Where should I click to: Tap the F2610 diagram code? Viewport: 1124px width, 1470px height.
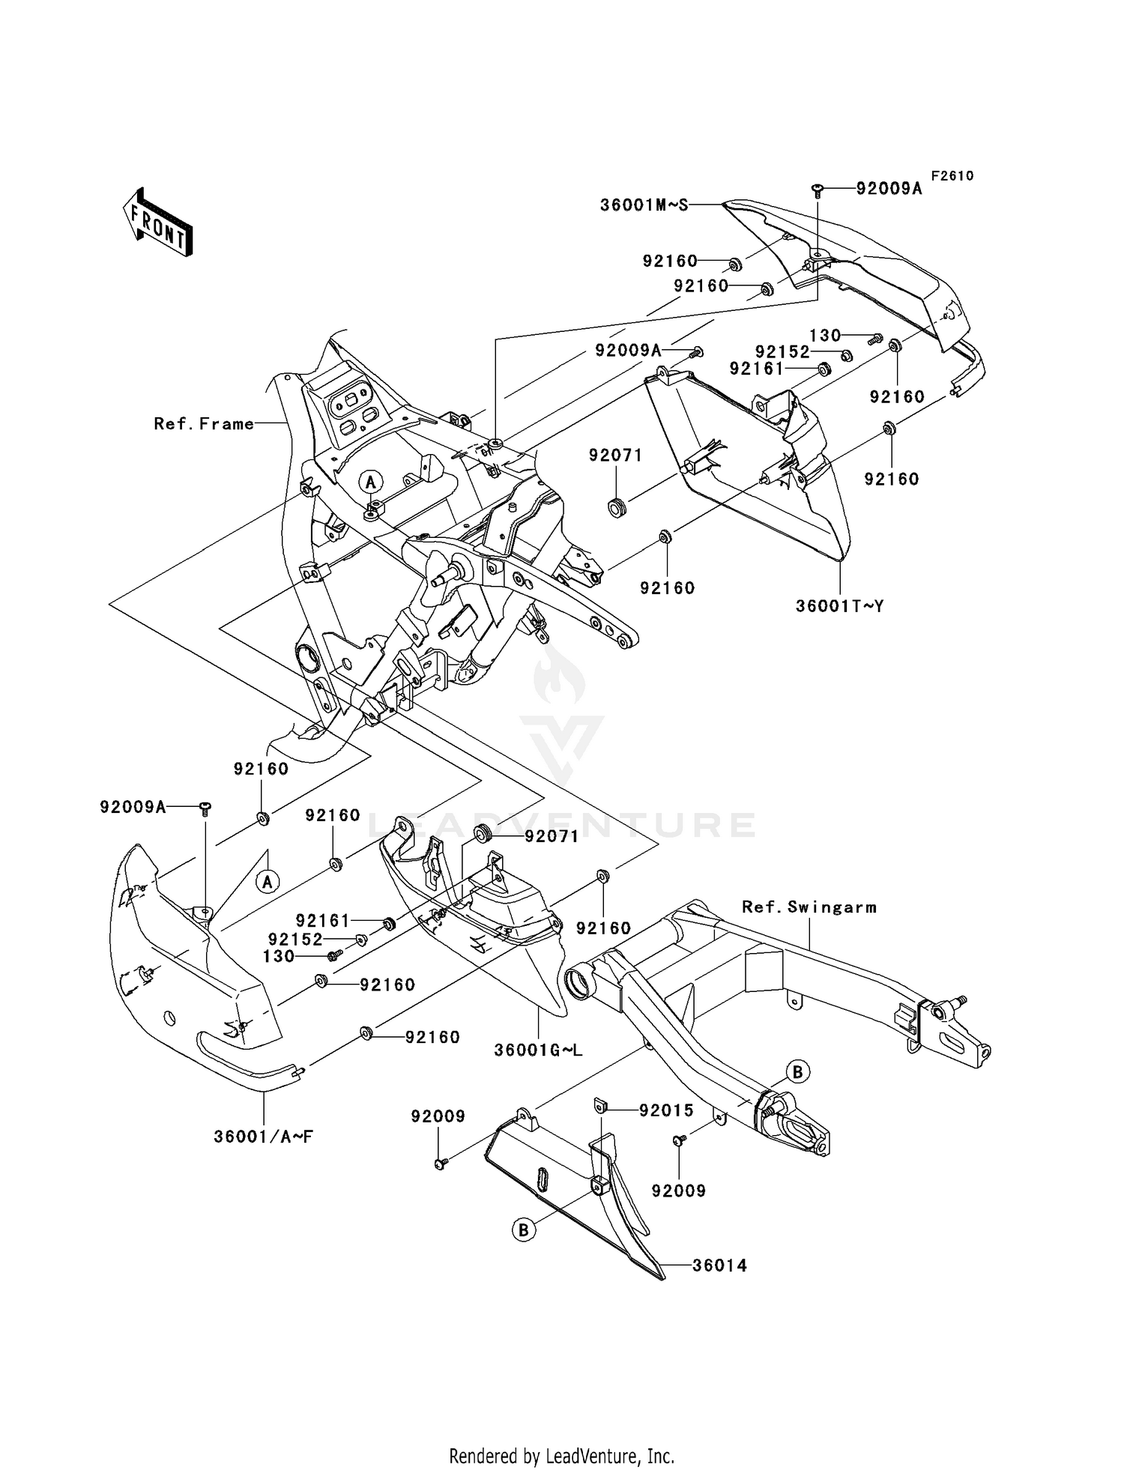coord(952,176)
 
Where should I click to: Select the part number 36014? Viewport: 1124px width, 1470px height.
coord(719,1265)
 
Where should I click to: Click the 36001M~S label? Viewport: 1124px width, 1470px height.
coord(644,204)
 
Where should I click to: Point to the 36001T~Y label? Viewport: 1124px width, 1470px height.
coord(839,605)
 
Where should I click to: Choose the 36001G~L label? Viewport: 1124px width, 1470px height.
coord(538,1050)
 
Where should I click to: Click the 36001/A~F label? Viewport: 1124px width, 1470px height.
coord(263,1137)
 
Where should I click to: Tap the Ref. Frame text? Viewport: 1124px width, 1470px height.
coord(204,424)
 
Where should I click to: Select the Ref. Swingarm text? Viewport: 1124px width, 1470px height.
coord(809,907)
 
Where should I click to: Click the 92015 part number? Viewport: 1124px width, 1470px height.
coord(666,1110)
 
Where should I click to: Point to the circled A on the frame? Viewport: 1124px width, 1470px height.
coord(371,481)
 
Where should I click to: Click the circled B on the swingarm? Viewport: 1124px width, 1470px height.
coord(797,1072)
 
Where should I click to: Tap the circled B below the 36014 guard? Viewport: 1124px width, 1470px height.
coord(525,1229)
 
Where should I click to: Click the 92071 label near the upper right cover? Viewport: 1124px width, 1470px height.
coord(615,456)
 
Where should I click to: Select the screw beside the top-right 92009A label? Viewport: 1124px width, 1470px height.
coord(818,190)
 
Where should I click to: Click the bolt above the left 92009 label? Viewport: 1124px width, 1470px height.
coord(440,1164)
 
